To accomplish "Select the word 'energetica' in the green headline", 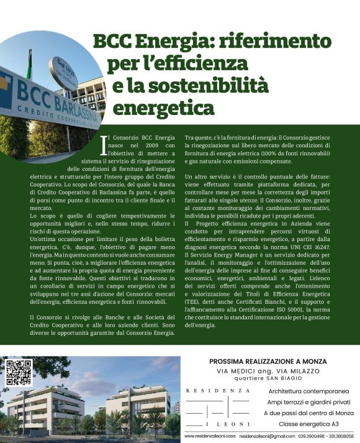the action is coord(164,106).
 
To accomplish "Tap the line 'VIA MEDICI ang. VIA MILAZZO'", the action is coord(268,371).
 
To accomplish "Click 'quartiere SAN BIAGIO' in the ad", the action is coord(268,378).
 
